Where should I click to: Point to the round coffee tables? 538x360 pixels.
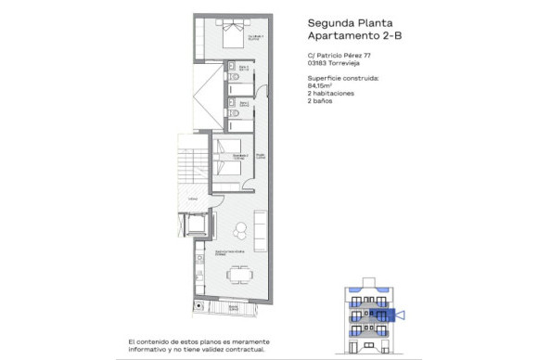point(239,227)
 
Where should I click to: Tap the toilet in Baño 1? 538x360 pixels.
point(236,79)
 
